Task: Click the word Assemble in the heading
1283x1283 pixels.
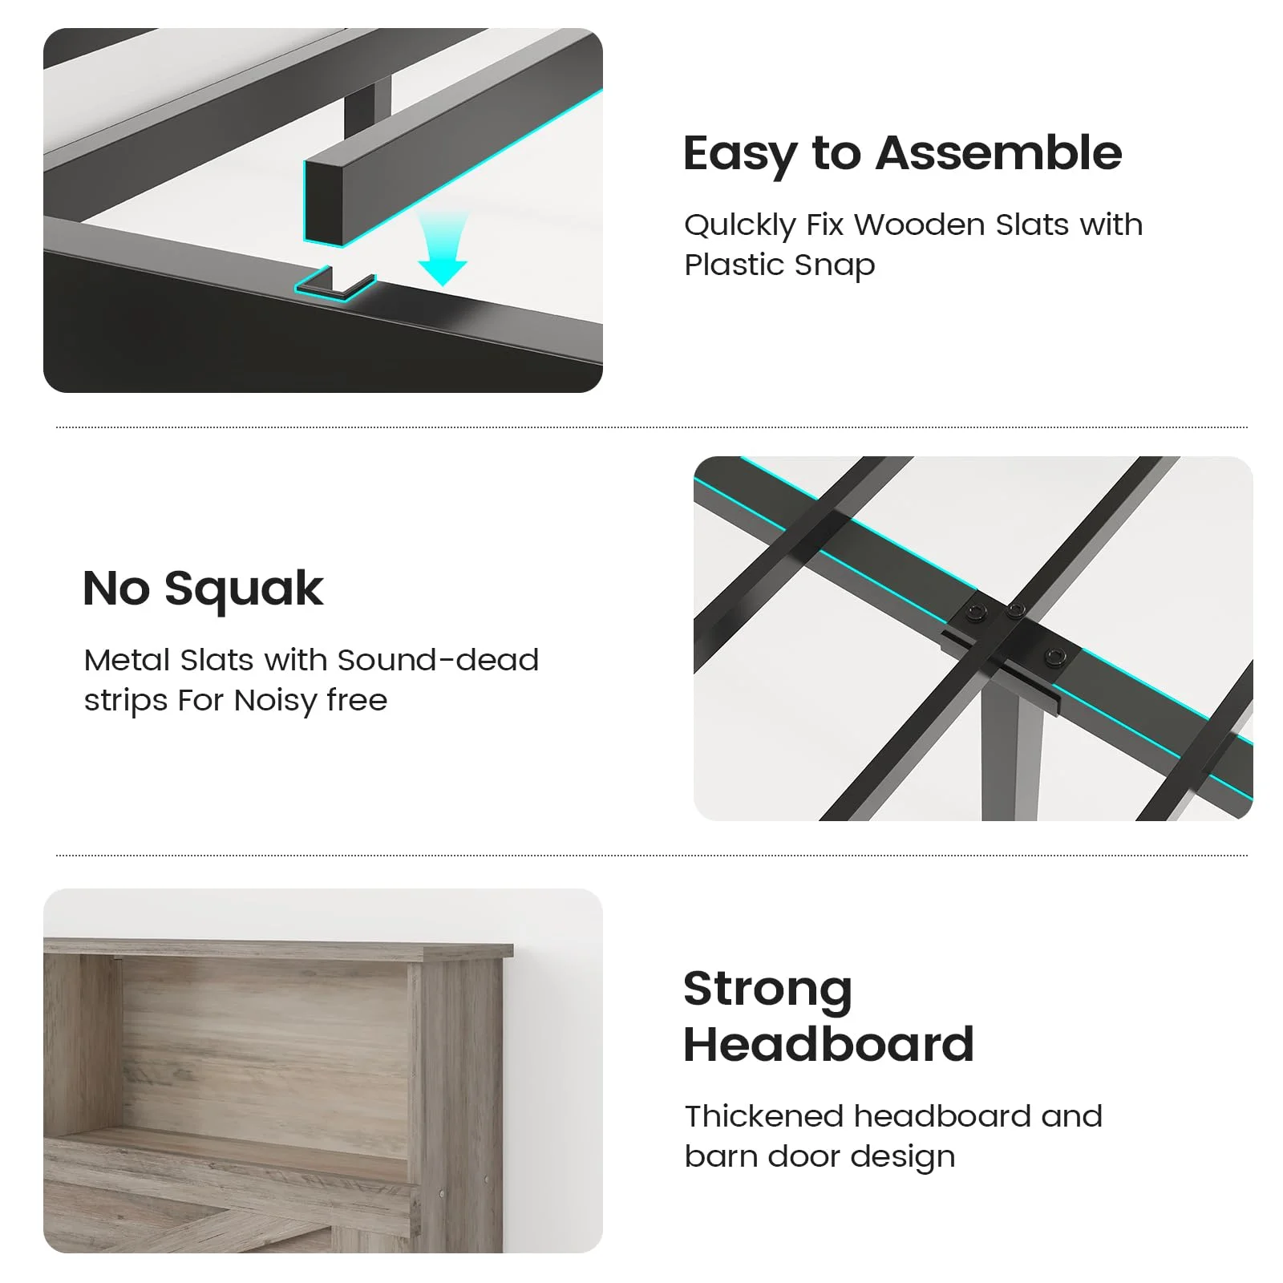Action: click(998, 153)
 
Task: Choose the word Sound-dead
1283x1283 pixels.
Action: click(438, 660)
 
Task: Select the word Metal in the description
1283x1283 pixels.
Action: click(128, 660)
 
